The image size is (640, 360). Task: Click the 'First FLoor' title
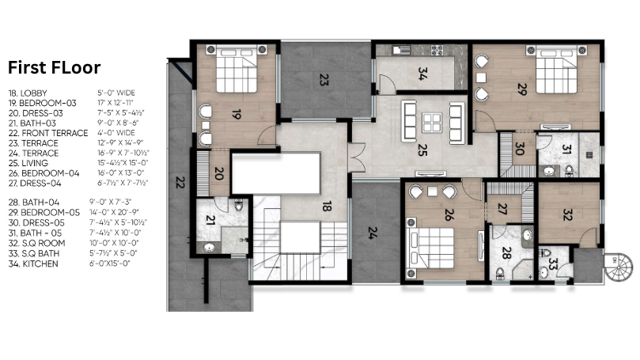(x=55, y=68)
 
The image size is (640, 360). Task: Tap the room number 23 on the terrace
(x=324, y=80)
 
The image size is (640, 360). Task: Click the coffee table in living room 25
(x=432, y=123)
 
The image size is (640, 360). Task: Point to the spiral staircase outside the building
(x=619, y=267)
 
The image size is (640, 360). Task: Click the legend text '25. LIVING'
(x=28, y=163)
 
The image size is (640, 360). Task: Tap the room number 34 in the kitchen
(x=422, y=74)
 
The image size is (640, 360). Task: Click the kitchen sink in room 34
(x=401, y=50)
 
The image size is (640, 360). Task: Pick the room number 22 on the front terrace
(x=180, y=182)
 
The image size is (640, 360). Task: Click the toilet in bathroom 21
(x=239, y=204)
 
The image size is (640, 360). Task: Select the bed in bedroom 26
(x=430, y=248)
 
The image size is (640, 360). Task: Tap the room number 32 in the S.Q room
(x=567, y=214)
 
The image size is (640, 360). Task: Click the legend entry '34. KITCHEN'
(x=33, y=264)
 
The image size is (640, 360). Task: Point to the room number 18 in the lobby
(x=326, y=207)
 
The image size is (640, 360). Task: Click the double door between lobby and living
(x=356, y=157)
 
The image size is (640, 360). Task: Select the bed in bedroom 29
(x=557, y=70)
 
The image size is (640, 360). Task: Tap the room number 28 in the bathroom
(x=506, y=253)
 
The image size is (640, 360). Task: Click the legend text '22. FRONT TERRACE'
(x=48, y=133)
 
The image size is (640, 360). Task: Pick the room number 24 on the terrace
(x=373, y=233)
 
